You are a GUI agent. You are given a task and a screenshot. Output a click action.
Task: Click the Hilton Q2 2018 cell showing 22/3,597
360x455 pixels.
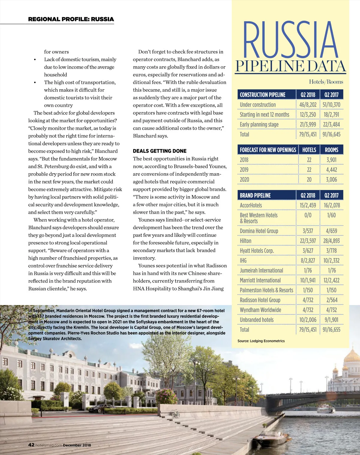[308, 241]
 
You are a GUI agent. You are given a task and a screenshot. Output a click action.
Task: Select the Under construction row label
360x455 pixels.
[258, 105]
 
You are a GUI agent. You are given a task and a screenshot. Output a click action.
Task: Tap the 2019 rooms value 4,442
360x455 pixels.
[331, 170]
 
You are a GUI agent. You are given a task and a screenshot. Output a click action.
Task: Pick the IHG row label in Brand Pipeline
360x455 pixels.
[243, 261]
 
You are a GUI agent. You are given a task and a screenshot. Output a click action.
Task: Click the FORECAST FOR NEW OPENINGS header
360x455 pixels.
[268, 150]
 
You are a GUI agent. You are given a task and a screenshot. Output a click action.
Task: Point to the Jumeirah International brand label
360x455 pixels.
[261, 271]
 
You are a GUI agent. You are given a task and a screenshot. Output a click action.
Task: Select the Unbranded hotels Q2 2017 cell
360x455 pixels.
[331, 320]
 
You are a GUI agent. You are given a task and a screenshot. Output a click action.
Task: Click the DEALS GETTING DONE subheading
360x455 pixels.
[160, 151]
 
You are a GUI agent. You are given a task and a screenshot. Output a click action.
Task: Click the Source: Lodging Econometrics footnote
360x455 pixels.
[261, 341]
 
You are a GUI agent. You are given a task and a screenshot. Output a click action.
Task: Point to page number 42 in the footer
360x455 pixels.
[31, 445]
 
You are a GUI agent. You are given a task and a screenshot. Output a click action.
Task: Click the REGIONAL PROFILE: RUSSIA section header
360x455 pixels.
[71, 19]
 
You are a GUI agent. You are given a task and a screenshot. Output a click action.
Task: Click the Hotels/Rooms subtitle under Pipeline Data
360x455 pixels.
[326, 82]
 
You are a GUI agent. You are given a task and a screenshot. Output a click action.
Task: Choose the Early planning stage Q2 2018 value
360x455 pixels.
[308, 125]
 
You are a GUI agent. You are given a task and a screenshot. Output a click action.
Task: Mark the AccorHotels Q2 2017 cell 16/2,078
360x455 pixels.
[331, 205]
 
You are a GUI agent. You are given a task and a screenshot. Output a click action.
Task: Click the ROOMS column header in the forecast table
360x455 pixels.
[331, 150]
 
